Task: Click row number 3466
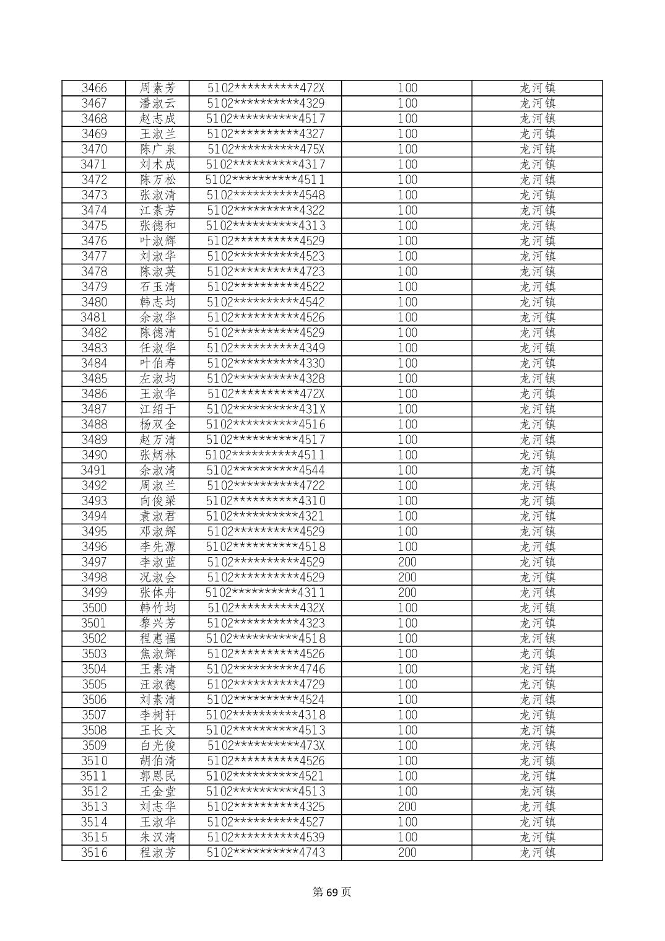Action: [94, 88]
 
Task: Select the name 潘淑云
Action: [157, 103]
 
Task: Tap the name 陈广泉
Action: [157, 149]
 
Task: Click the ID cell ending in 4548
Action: [265, 195]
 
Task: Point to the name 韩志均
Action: [157, 302]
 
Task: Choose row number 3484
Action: [94, 363]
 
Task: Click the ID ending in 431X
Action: [265, 409]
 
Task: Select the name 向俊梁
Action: [157, 501]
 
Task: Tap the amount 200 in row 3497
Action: [407, 562]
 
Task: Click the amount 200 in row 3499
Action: [407, 592]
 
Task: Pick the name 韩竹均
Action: [157, 608]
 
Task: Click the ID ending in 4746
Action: [265, 669]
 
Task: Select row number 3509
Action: [94, 745]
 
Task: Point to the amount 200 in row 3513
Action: [407, 807]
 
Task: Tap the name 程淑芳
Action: [157, 852]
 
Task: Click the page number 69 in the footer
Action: [332, 892]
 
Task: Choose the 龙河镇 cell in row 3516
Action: [537, 852]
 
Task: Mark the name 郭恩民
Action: [157, 776]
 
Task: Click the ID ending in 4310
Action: [265, 501]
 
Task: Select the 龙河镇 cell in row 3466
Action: [537, 88]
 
